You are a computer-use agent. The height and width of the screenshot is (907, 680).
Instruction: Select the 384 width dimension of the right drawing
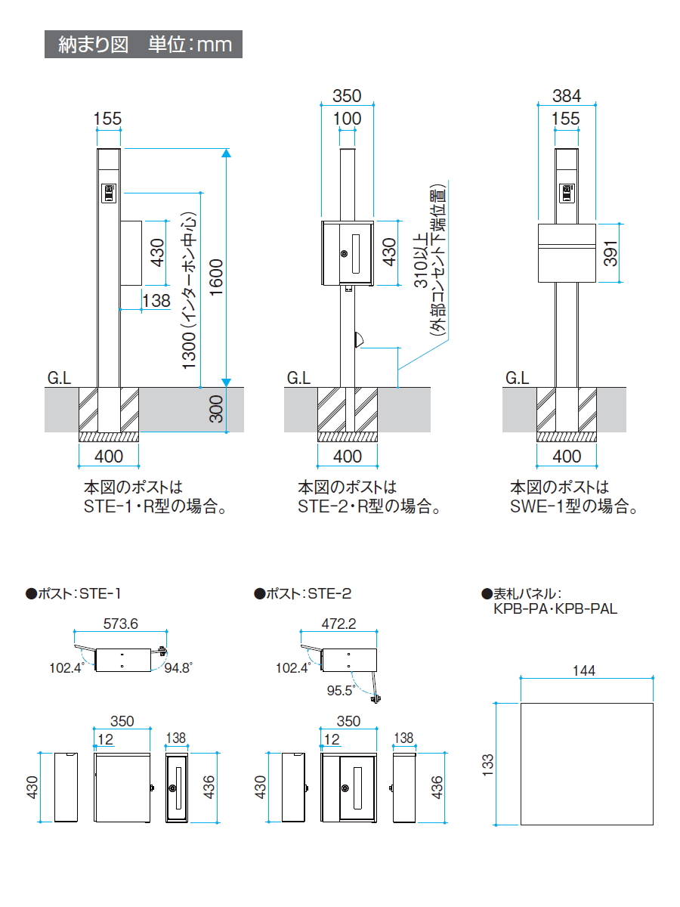click(x=566, y=96)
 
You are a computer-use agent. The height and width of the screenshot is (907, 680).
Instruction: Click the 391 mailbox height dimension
click(x=611, y=252)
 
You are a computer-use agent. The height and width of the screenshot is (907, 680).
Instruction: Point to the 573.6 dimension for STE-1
click(x=120, y=624)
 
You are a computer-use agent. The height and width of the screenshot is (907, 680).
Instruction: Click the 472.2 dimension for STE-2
click(x=338, y=624)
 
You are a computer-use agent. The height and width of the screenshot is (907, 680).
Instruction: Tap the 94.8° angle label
click(x=178, y=667)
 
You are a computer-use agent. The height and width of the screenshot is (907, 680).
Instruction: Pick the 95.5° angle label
click(x=340, y=690)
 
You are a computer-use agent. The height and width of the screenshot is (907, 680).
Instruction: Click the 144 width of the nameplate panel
click(x=584, y=670)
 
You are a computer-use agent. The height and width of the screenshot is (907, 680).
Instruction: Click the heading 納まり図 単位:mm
click(x=144, y=44)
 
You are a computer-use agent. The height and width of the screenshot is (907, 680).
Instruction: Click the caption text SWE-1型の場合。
click(x=573, y=507)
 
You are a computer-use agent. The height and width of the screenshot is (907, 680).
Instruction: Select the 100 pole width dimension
click(x=348, y=119)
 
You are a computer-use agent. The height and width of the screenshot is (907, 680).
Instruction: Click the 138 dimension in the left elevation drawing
click(x=156, y=300)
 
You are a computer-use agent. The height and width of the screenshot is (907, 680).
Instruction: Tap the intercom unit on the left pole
click(x=108, y=194)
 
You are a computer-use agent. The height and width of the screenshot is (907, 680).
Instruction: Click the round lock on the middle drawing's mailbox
click(x=345, y=254)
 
